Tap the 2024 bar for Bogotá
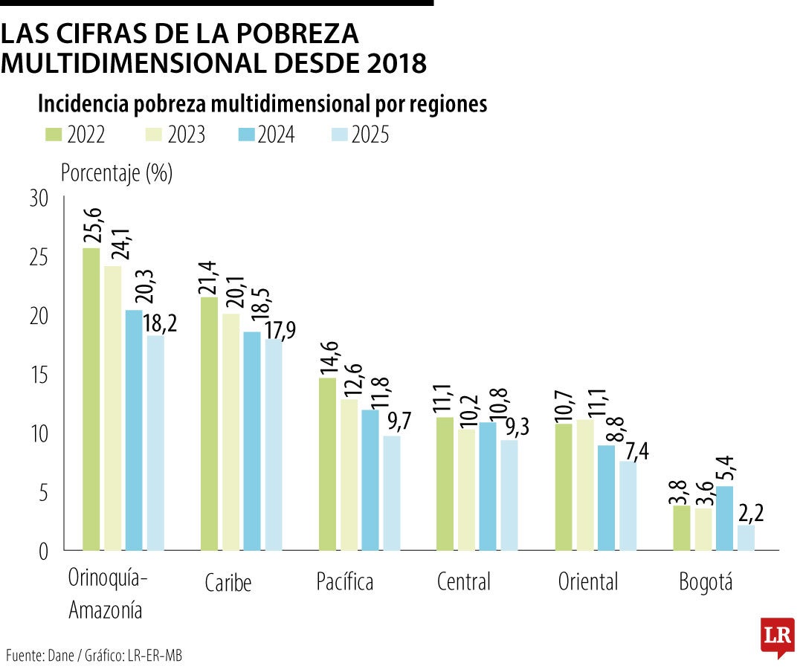(x=724, y=518)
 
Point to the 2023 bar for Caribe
(x=230, y=432)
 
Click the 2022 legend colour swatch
(x=54, y=135)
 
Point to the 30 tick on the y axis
(x=39, y=199)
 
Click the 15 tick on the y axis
(x=39, y=375)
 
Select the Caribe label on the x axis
(x=228, y=584)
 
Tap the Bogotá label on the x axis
(x=706, y=581)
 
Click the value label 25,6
(x=93, y=223)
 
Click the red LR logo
(x=777, y=636)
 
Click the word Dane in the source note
(x=59, y=656)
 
